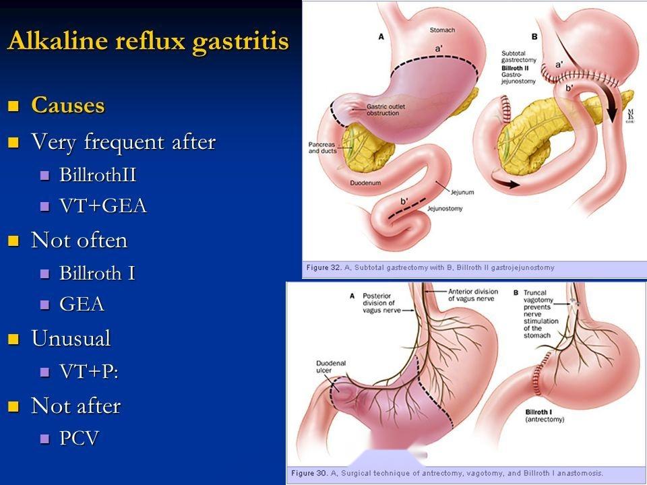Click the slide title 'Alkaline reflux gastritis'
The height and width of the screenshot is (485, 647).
tap(148, 42)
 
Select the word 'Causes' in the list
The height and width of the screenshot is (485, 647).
tap(68, 105)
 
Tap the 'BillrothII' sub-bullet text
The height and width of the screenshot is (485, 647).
tap(98, 174)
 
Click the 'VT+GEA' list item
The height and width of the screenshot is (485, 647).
tap(103, 206)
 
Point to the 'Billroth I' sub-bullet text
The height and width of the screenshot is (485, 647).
tap(97, 273)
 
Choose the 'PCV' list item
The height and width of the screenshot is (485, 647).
tap(80, 438)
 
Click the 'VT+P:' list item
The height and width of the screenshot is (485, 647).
tap(89, 371)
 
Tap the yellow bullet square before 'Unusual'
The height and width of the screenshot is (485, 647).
tap(13, 339)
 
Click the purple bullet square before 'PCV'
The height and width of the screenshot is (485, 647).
tap(44, 439)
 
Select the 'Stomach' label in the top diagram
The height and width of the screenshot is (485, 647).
tap(442, 30)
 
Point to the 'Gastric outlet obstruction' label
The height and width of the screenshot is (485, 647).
tap(386, 110)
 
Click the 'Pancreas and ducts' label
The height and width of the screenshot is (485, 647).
tap(322, 148)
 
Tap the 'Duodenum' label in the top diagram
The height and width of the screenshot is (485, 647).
tap(365, 183)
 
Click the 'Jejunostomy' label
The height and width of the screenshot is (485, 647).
tap(445, 209)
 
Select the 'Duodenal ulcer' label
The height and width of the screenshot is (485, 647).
tap(331, 366)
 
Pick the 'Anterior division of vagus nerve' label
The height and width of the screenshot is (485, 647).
tap(473, 295)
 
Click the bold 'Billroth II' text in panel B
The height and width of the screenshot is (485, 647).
tap(515, 68)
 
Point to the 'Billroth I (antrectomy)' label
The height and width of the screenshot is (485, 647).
tap(545, 416)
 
